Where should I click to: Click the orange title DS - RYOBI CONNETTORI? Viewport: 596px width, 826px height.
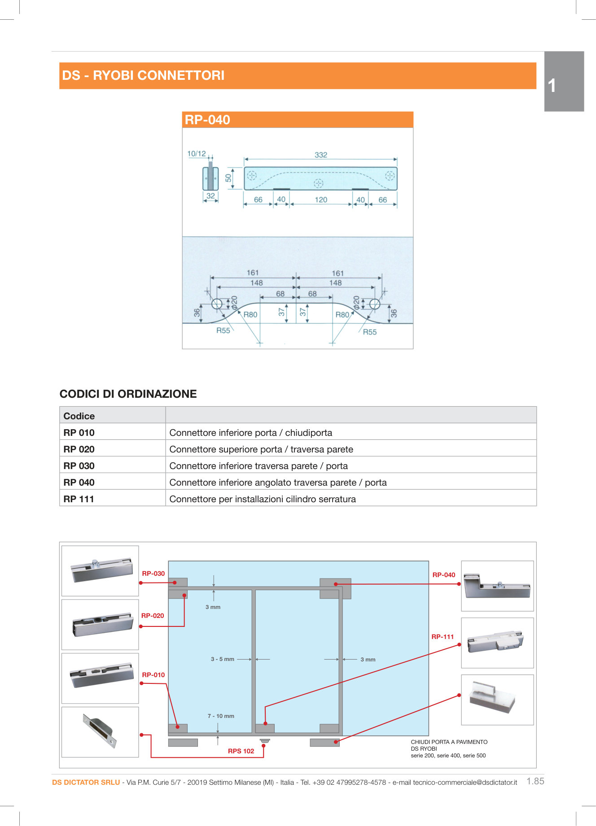pyautogui.click(x=143, y=75)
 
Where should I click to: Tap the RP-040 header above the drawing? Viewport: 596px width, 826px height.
pyautogui.click(x=207, y=120)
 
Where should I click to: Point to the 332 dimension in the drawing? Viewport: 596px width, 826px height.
pyautogui.click(x=321, y=155)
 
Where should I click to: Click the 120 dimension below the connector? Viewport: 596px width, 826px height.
pyautogui.click(x=321, y=200)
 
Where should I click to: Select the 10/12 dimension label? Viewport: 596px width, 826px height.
pyautogui.click(x=197, y=153)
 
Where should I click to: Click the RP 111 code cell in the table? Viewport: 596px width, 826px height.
pyautogui.click(x=79, y=499)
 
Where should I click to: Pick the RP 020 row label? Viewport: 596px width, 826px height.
pyautogui.click(x=79, y=449)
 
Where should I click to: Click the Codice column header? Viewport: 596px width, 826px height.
pyautogui.click(x=79, y=416)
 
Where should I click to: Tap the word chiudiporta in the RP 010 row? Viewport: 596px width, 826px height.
pyautogui.click(x=309, y=433)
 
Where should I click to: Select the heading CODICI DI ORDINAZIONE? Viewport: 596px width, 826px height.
pyautogui.click(x=128, y=394)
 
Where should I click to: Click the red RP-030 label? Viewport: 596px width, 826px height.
pyautogui.click(x=153, y=573)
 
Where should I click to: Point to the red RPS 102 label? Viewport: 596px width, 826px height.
pyautogui.click(x=241, y=751)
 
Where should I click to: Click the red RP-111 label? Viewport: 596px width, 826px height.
pyautogui.click(x=443, y=636)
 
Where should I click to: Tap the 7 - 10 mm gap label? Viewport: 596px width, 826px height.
pyautogui.click(x=221, y=716)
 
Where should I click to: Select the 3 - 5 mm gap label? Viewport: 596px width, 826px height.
pyautogui.click(x=223, y=659)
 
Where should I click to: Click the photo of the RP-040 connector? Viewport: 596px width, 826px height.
pyautogui.click(x=497, y=586)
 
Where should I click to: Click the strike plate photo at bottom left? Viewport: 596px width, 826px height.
pyautogui.click(x=100, y=732)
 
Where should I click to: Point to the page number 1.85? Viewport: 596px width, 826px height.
pyautogui.click(x=535, y=781)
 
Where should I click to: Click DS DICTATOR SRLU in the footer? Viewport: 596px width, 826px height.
pyautogui.click(x=86, y=782)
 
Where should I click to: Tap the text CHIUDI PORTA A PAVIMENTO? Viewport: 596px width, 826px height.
pyautogui.click(x=449, y=742)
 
